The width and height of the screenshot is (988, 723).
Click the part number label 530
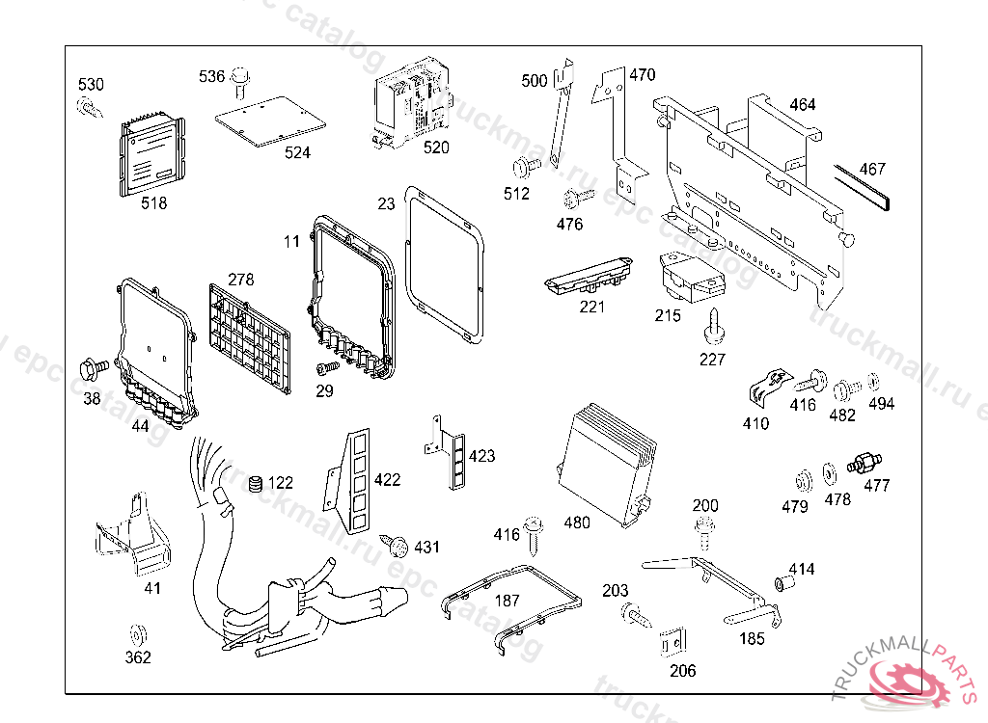91,85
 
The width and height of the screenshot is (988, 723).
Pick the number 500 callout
534,81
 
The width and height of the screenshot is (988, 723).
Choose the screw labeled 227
714,327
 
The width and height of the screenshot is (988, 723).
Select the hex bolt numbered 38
95,368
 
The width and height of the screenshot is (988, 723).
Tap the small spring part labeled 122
256,483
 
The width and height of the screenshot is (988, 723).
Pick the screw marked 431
396,546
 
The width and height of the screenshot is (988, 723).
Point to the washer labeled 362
137,634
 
